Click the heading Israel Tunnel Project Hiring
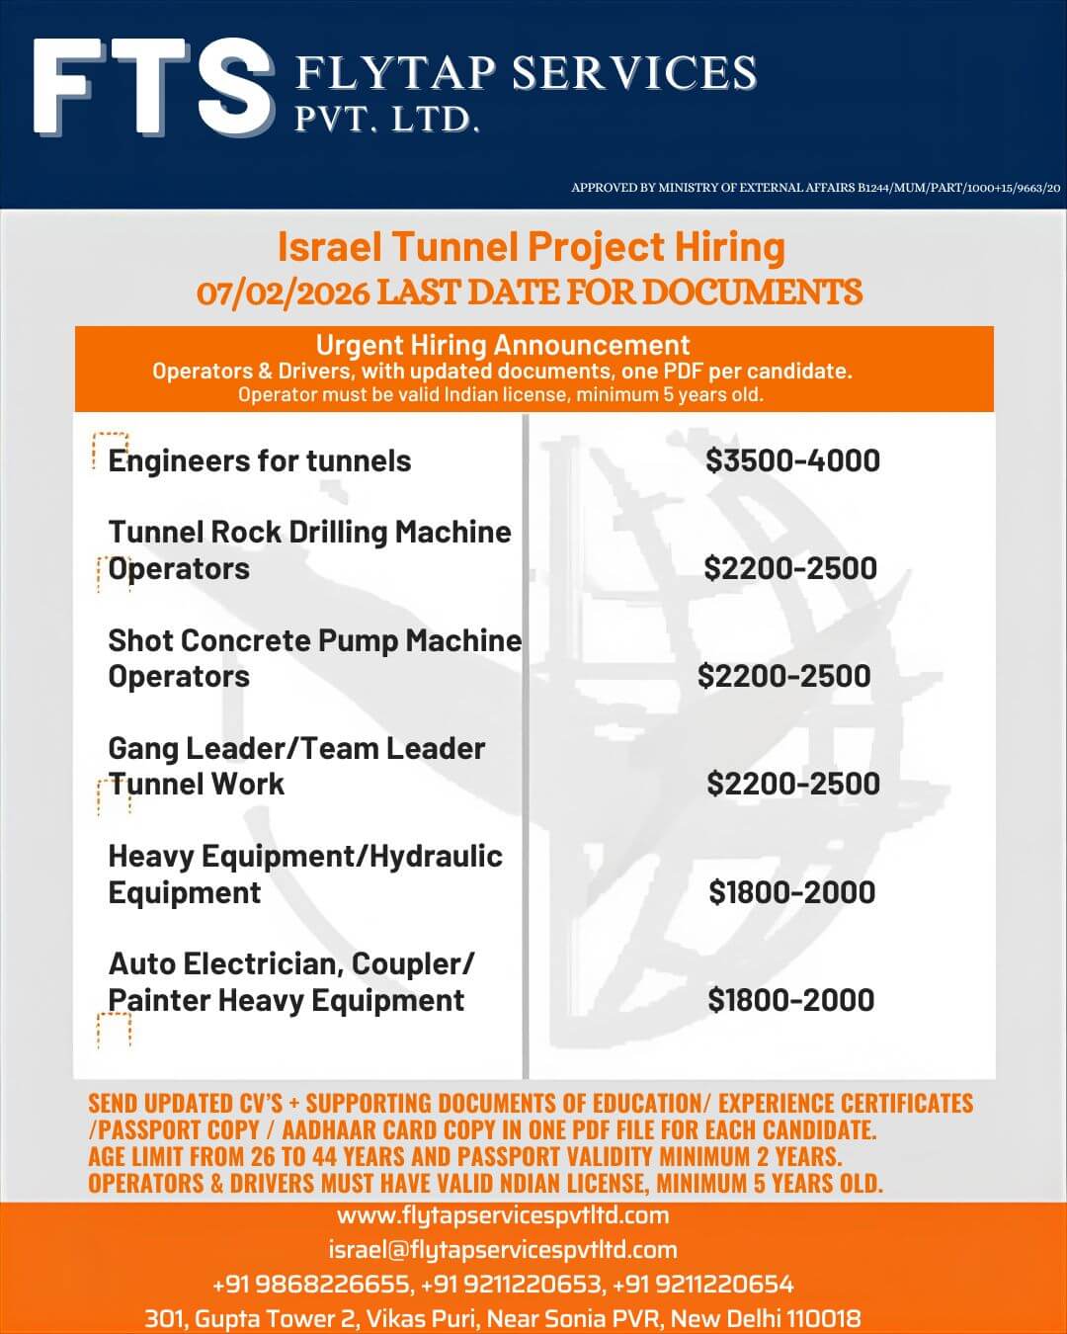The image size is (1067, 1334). pos(531,247)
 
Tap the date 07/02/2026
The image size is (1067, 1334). pos(284,293)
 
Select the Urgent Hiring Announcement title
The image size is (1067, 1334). pos(502,345)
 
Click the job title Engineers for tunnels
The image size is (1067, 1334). pos(260,460)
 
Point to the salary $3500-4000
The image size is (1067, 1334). pos(792,460)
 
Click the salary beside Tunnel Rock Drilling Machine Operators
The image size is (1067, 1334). pos(790,568)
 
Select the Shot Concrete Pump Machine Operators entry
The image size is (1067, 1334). pos(314,658)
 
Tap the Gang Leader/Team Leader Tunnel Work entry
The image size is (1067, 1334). pos(296,766)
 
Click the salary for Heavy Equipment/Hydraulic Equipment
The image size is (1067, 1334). pos(791,892)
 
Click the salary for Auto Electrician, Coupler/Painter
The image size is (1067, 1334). pos(790,1000)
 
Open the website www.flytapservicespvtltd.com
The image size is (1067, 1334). pos(503,1215)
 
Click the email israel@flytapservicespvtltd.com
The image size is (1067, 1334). pos(503,1250)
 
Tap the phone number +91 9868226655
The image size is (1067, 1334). pos(310,1285)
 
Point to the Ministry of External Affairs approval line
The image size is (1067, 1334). pos(815,188)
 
